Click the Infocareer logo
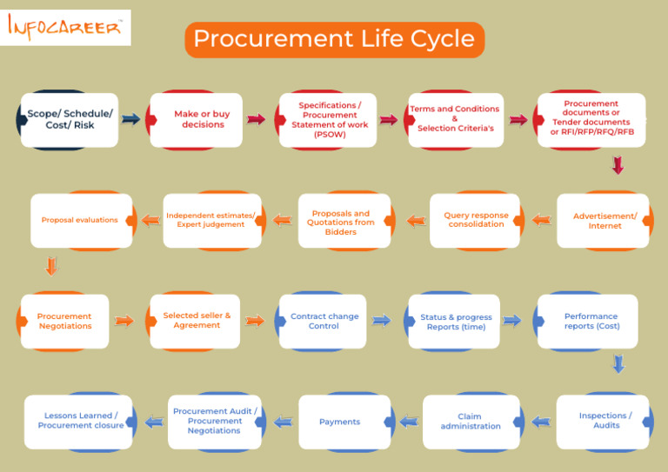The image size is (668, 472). click(66, 28)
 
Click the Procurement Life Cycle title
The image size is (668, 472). click(334, 39)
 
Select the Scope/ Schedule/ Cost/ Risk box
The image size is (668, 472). click(70, 120)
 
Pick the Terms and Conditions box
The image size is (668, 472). click(455, 120)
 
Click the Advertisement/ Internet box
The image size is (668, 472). click(605, 221)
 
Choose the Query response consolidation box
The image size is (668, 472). click(476, 221)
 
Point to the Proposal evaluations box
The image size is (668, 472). click(80, 221)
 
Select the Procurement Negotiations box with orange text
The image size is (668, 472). click(64, 322)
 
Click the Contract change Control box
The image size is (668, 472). click(324, 322)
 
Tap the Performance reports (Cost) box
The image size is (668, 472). click(591, 322)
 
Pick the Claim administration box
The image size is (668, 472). click(471, 422)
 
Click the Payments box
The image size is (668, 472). click(340, 422)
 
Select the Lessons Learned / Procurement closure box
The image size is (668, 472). click(80, 422)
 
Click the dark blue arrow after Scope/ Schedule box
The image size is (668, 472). click(130, 120)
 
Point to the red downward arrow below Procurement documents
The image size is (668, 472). click(618, 165)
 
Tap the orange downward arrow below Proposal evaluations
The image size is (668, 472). click(51, 266)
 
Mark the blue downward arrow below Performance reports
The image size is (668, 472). click(618, 363)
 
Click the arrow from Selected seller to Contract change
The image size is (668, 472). click(254, 322)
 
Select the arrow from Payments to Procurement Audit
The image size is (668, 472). click(283, 422)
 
